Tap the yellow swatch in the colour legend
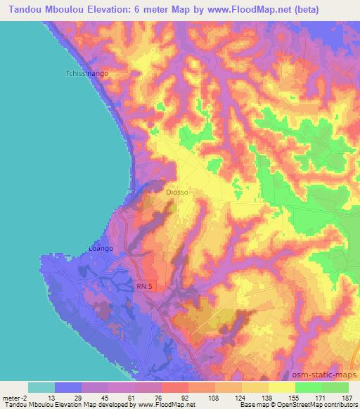pos(282,387)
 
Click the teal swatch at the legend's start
pos(41,387)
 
